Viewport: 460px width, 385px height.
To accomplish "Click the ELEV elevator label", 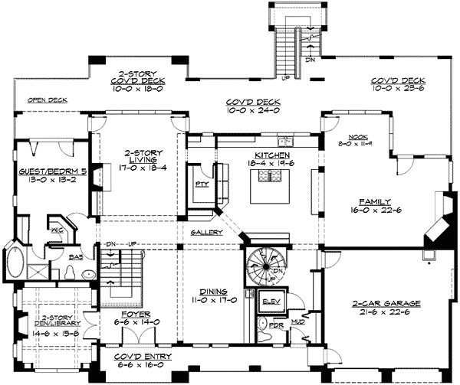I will (x=270, y=301).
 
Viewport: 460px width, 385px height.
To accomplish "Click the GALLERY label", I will (x=207, y=232).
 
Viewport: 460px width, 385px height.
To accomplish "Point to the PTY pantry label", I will (x=202, y=184).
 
